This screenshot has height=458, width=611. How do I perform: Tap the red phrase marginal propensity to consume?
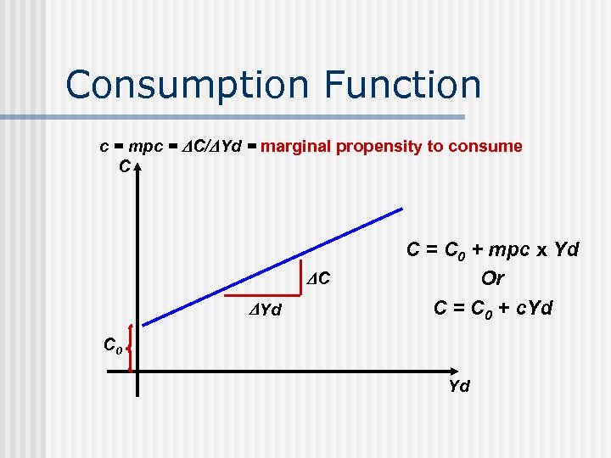point(391,146)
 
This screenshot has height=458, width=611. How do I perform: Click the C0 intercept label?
point(114,345)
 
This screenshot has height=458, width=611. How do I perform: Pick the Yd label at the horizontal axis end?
point(459,386)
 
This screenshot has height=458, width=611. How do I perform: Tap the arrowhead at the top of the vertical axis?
point(136,167)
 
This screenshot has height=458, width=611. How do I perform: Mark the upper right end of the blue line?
point(401,208)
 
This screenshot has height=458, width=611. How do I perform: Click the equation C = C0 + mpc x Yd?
point(492,250)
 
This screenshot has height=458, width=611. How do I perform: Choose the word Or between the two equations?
point(492,278)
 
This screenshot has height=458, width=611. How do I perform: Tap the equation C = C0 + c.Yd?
point(492,308)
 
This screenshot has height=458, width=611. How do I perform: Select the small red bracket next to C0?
point(130,348)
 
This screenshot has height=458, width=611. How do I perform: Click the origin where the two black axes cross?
point(136,371)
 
